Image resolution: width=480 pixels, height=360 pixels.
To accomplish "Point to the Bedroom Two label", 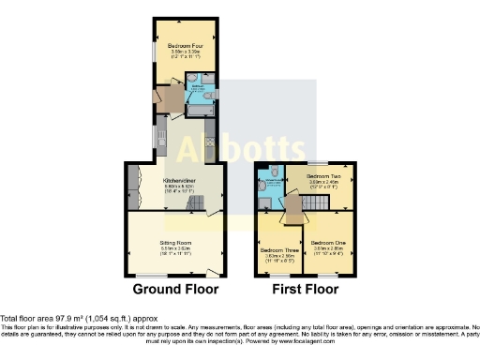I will click(322, 176).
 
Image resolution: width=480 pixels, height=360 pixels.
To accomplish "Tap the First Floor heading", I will click(305, 290).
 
